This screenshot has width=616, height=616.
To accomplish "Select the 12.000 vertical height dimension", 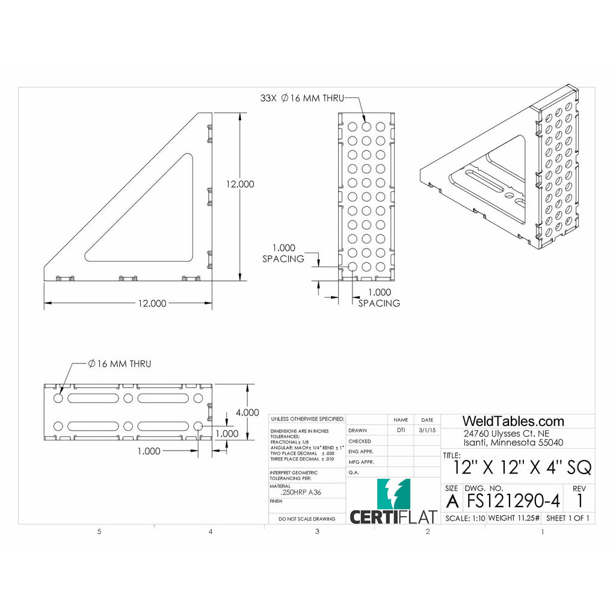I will [240, 184].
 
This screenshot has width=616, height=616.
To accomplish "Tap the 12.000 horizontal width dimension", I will [152, 304].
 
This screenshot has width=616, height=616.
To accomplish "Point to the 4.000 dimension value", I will [247, 413].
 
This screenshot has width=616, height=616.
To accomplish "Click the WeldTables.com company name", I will [513, 421].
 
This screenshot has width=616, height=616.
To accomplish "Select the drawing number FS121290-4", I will [513, 500].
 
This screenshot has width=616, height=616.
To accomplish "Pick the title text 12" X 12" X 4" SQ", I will [522, 467].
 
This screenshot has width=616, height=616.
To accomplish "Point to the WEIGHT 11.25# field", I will [514, 518].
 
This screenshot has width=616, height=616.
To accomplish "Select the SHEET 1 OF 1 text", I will [567, 518].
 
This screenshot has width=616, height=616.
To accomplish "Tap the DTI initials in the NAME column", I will [401, 430].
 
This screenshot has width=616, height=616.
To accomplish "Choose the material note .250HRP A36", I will [305, 492].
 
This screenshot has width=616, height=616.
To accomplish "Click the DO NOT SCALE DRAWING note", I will [307, 519].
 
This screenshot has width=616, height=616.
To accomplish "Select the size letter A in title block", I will [452, 500].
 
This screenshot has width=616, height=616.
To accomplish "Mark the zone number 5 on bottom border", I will [99, 532].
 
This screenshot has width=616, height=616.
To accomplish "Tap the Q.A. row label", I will [354, 472].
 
